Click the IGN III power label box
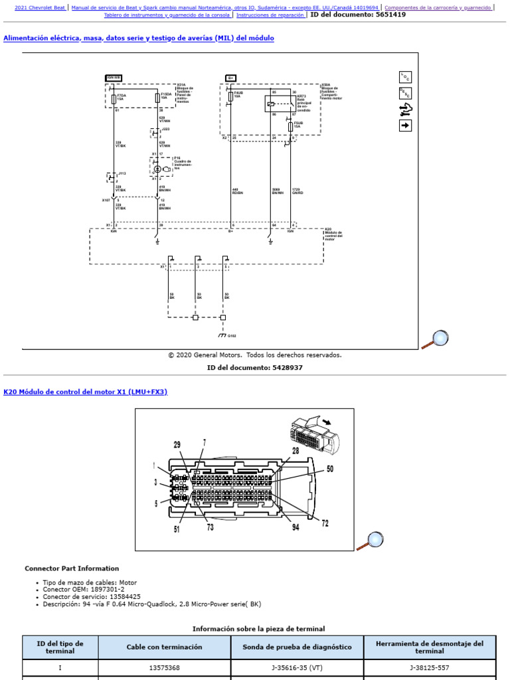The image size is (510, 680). [x=114, y=77]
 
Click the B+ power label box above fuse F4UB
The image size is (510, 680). [x=231, y=77]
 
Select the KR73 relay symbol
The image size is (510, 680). [x=272, y=104]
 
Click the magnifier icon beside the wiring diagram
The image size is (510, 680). [x=436, y=339]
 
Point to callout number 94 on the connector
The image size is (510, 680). [x=295, y=527]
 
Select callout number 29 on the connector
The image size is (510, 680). [x=177, y=444]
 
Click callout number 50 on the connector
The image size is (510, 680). [x=329, y=469]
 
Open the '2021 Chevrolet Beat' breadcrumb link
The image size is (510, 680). [x=40, y=7]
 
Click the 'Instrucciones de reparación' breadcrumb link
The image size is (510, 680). [x=270, y=15]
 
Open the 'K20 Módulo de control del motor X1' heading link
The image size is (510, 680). [x=86, y=392]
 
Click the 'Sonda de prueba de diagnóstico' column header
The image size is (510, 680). [x=297, y=647]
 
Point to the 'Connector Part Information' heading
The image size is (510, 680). [x=72, y=568]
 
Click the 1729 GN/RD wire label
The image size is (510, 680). [x=297, y=191]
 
